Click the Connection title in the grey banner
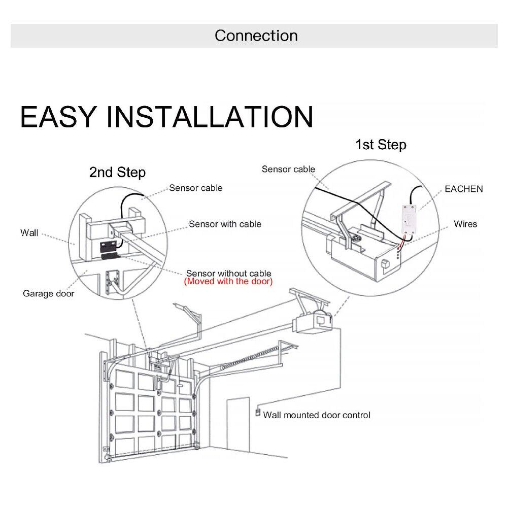(256, 36)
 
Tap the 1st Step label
(381, 145)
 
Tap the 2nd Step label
(117, 173)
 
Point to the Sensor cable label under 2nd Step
(195, 188)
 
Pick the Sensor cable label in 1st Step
(288, 169)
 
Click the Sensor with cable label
(225, 224)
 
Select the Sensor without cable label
(228, 274)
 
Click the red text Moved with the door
(228, 281)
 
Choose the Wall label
(29, 233)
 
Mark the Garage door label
(48, 293)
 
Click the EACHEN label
(463, 189)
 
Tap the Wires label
(465, 223)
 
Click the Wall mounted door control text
(317, 415)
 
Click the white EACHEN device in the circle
(409, 217)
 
